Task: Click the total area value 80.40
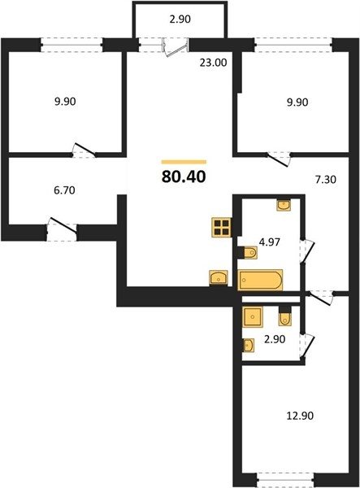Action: click(184, 176)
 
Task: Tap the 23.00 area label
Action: click(213, 63)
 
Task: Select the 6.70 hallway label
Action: click(64, 190)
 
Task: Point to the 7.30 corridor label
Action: click(326, 180)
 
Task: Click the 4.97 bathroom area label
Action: click(270, 242)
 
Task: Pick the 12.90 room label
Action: click(300, 416)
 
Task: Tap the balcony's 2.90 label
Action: click(180, 20)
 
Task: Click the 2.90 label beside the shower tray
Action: click(275, 339)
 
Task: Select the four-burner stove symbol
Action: click(221, 228)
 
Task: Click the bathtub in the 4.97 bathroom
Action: click(260, 280)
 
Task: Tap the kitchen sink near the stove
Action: click(219, 277)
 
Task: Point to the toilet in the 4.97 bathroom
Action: click(248, 252)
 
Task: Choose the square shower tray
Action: click(253, 317)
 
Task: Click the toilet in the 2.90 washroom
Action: click(285, 316)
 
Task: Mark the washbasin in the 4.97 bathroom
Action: click(284, 206)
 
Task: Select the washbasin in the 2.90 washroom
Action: click(249, 346)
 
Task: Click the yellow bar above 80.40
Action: click(184, 162)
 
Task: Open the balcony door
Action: click(176, 47)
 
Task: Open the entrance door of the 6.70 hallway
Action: click(62, 229)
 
